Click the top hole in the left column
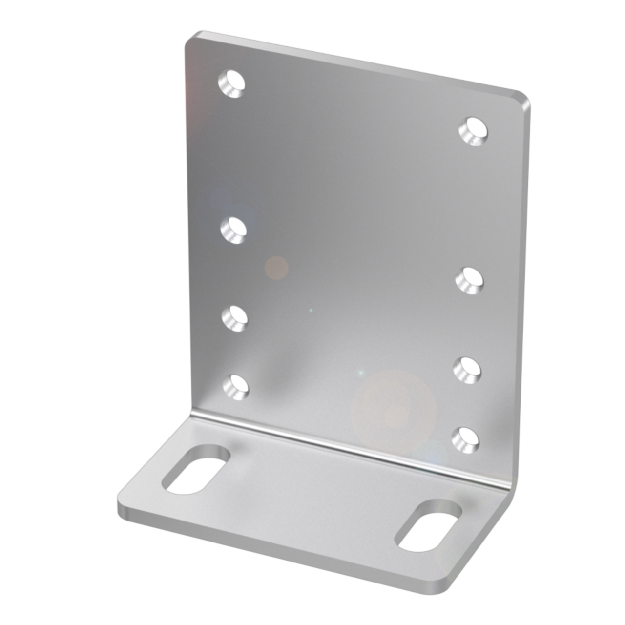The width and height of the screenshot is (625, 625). click(231, 83)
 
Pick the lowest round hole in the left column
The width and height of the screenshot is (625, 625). click(236, 386)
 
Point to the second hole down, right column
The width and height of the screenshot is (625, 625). click(470, 280)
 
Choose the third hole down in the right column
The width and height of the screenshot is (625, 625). click(467, 369)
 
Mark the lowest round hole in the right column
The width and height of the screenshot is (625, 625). click(465, 438)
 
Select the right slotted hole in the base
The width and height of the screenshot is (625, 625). click(428, 525)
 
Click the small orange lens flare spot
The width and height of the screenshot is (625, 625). click(276, 268)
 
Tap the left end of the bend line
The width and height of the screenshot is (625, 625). click(193, 416)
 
